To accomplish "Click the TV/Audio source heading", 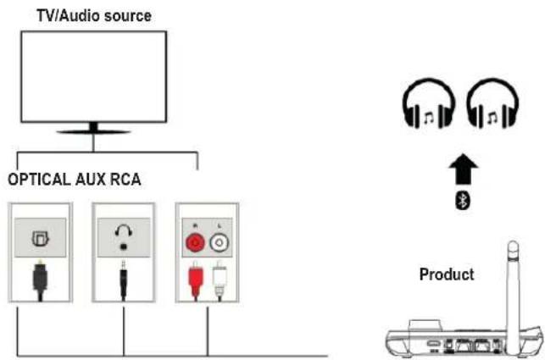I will [93, 14].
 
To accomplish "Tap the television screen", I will [93, 77].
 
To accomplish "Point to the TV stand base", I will [93, 131].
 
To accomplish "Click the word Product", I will [446, 275].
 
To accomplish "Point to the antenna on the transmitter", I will [512, 288].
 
